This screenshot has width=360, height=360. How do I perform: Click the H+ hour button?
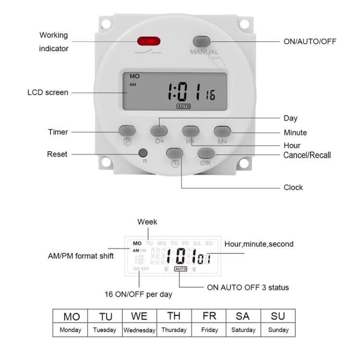[x=191, y=130]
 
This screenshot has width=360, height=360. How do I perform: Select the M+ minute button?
[x=222, y=130]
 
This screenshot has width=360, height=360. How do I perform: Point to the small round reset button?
[x=142, y=154]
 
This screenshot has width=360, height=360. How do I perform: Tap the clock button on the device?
[x=174, y=153]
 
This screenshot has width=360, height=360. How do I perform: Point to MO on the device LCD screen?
[x=134, y=76]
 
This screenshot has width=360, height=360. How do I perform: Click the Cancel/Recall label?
[x=307, y=155]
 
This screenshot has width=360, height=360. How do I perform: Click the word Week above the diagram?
[x=147, y=222]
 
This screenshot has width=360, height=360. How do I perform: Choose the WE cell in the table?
[x=139, y=317]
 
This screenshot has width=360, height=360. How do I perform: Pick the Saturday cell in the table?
[x=243, y=330]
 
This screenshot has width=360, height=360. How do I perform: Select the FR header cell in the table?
[x=209, y=317]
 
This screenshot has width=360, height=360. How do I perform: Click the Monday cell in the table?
[x=70, y=330]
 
